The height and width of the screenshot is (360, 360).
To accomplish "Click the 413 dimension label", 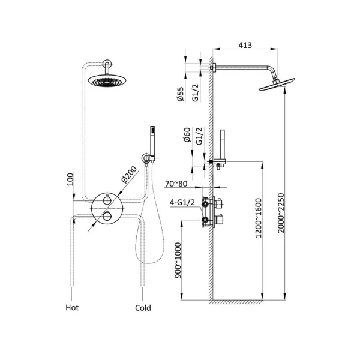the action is point(245,45).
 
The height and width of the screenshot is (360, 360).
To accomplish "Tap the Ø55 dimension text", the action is point(181,94).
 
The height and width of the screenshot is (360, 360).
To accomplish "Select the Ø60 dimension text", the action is point(187,135).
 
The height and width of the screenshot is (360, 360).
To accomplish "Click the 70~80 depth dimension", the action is point(176,184).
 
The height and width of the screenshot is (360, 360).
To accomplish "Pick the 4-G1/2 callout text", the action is point(182,202).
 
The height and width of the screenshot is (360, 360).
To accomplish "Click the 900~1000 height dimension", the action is point(178,260).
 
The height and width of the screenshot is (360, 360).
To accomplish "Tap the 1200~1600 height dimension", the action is point(259,218).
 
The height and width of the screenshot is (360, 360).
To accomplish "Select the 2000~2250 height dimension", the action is point(281,213).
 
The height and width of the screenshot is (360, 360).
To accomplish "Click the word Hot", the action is point(72,308).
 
